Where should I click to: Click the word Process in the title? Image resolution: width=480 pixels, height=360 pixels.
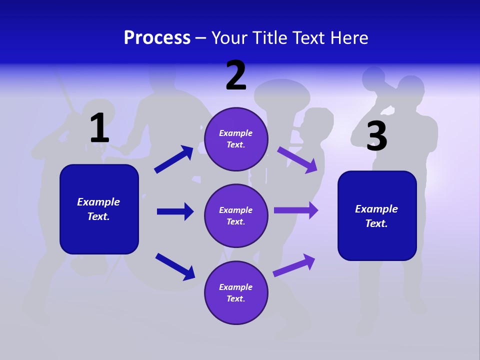pos(157,38)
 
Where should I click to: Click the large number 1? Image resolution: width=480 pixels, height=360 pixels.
pos(99,128)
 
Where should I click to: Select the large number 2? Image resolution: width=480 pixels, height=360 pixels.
pos(236,76)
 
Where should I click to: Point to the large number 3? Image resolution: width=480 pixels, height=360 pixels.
pos(376,136)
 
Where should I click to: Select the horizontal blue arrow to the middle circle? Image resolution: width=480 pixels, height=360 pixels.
pos(175,211)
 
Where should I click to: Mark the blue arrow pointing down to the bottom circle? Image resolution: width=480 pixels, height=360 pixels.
pos(175,266)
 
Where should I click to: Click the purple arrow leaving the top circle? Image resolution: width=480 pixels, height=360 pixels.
pos(297,159)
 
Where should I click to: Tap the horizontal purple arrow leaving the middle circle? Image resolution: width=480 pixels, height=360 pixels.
pos(296,210)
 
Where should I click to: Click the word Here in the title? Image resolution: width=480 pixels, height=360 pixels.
pos(348,38)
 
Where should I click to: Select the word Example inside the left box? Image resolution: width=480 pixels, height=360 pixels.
pos(98,202)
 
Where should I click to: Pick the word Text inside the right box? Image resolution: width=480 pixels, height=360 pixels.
pos(376,223)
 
